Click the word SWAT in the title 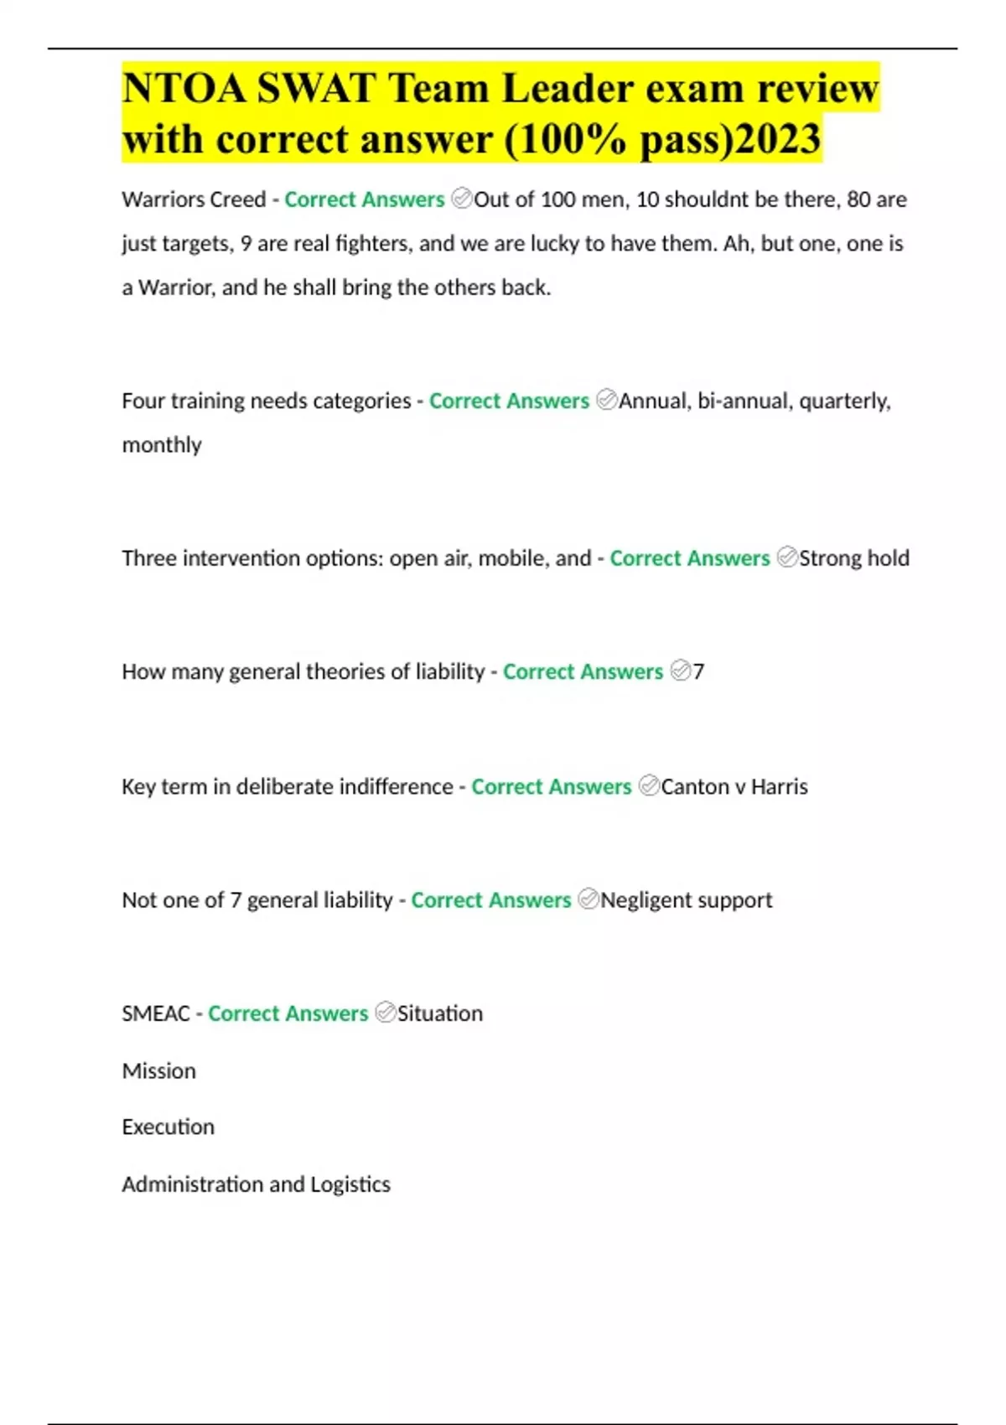[315, 88]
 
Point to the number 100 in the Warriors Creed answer [558, 199]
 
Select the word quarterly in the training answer [844, 401]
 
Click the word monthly [162, 444]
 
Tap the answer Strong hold [854, 558]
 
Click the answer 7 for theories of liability [698, 671]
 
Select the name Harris [779, 786]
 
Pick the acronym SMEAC [156, 1013]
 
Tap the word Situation [440, 1013]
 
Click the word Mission [158, 1070]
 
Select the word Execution [168, 1127]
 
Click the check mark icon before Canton [648, 785]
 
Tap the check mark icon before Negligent [589, 899]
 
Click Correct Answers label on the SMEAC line [288, 1013]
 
